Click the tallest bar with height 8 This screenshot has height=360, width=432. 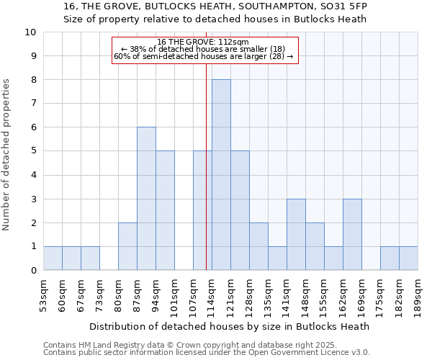[x=221, y=175]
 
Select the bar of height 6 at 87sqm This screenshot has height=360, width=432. [x=146, y=199]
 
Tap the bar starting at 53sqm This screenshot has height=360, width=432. [x=53, y=258]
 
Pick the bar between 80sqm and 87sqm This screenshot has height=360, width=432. [x=127, y=246]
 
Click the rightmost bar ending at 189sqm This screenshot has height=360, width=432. [x=408, y=258]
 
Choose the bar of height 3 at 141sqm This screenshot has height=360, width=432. [x=296, y=235]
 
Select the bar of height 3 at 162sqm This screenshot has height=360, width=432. [x=352, y=235]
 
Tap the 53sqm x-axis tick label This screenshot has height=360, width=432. [x=44, y=295]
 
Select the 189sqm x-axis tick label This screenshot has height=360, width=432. [x=418, y=295]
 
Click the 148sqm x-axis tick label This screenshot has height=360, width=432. [x=306, y=295]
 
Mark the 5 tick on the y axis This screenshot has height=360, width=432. [x=33, y=151]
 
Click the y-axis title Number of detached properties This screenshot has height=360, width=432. [x=7, y=155]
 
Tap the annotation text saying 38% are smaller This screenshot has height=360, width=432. [x=204, y=49]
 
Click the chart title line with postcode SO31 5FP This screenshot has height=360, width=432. [x=215, y=6]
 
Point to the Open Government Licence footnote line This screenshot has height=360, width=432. [x=207, y=352]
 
